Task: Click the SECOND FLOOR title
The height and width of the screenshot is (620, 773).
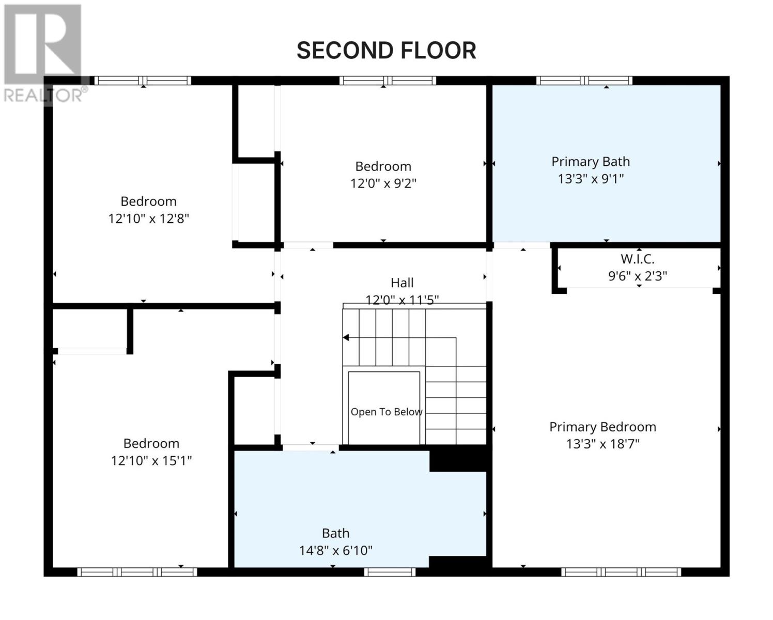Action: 386,50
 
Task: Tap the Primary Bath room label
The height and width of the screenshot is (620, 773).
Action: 591,162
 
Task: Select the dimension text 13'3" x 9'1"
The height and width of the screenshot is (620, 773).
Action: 591,179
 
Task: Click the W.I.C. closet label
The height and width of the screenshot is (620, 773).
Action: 637,259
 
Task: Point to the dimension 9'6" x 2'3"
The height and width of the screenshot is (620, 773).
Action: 637,276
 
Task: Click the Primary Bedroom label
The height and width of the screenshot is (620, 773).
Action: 602,427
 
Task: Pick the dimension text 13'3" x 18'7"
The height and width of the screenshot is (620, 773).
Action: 602,444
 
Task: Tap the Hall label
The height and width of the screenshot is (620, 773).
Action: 402,283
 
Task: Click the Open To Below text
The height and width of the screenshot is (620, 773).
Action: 386,412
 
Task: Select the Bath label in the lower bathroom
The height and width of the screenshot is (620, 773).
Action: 335,533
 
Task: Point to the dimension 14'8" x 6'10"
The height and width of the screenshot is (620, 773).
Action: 335,550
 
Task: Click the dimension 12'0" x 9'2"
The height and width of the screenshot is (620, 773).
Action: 383,183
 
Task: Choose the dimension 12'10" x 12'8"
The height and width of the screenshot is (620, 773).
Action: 148,218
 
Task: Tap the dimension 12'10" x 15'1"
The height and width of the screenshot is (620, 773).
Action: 151,460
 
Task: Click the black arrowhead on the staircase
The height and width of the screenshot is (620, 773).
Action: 346,337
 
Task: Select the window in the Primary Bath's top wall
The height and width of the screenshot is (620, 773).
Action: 584,81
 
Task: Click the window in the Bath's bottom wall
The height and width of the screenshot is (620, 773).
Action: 390,572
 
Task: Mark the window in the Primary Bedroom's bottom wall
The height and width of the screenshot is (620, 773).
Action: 621,572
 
